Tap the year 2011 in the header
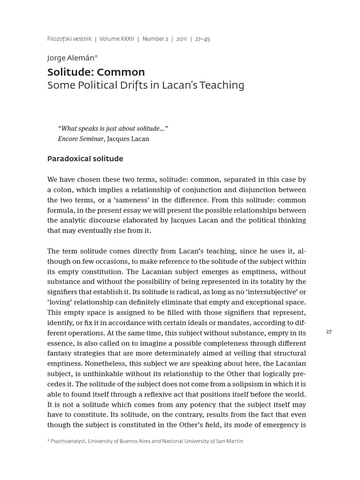click(181, 39)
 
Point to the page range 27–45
click(202, 39)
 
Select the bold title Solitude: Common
click(96, 72)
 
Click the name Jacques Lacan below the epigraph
click(128, 139)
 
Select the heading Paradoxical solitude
click(85, 158)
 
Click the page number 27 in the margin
click(329, 332)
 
